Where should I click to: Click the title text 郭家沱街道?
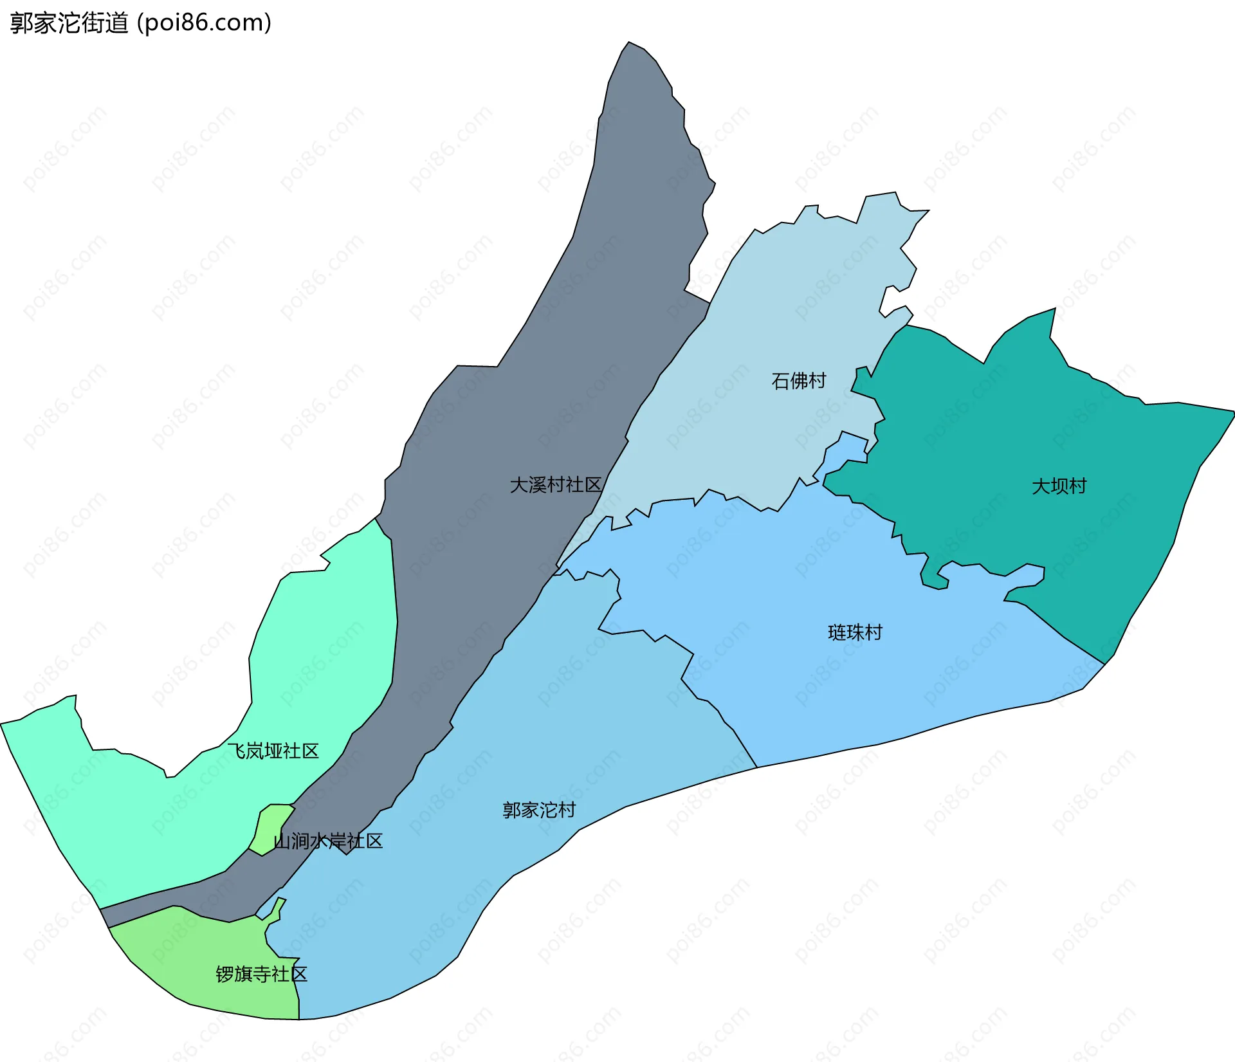[x=69, y=23]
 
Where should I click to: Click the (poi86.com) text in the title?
[x=204, y=23]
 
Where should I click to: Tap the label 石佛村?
[x=798, y=381]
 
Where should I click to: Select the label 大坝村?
[x=1059, y=486]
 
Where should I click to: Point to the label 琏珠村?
[x=855, y=633]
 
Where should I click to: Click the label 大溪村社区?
[x=555, y=485]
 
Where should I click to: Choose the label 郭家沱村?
[x=539, y=810]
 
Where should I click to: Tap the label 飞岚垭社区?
[x=273, y=751]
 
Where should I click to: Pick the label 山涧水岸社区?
[x=328, y=841]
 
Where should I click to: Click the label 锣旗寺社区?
[x=261, y=974]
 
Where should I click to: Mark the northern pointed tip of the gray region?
[x=629, y=43]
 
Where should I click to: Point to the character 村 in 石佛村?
[x=817, y=381]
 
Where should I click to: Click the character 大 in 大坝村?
[x=1041, y=486]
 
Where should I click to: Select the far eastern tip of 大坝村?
[x=1232, y=412]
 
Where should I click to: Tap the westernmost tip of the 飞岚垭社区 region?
[x=3, y=724]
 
